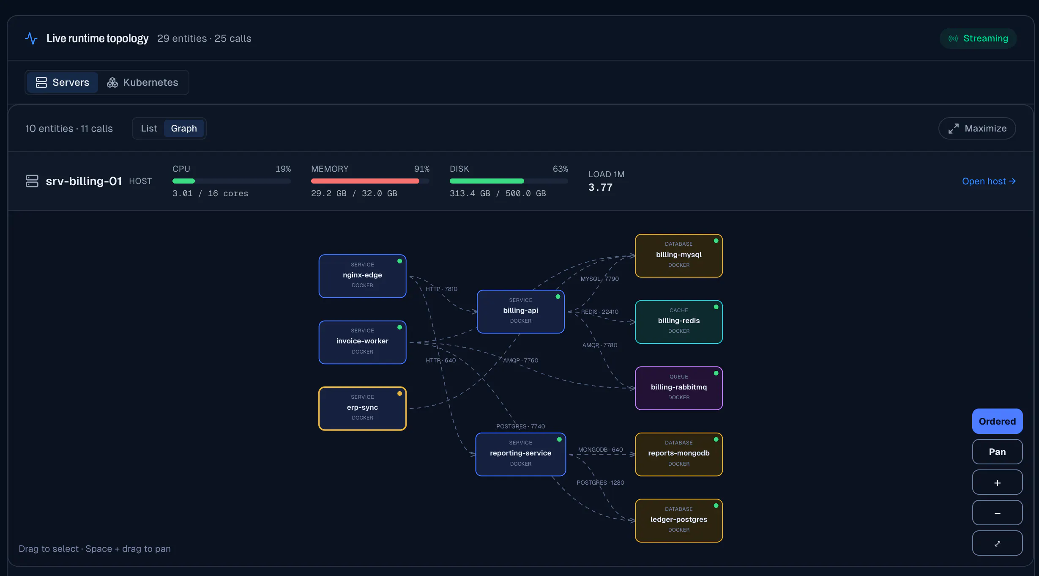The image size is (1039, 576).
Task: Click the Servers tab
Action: [63, 82]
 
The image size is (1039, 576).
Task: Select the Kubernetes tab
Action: [142, 82]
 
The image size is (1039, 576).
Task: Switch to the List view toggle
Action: [149, 128]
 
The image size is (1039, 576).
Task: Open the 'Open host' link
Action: [989, 181]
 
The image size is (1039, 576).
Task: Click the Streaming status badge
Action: [978, 38]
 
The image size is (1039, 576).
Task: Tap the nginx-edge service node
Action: [362, 276]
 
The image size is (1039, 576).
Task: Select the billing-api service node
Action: [520, 312]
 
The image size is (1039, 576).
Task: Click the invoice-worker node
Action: [362, 342]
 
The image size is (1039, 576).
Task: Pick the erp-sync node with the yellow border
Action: [362, 409]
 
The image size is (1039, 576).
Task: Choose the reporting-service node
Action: [520, 454]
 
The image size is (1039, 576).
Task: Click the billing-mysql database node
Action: [679, 256]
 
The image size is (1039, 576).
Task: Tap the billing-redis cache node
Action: [679, 322]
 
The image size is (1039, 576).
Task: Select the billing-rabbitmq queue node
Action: [679, 388]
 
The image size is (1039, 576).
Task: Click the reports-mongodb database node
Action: [679, 454]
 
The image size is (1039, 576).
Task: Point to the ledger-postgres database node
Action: [679, 521]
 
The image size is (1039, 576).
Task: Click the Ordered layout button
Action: [997, 421]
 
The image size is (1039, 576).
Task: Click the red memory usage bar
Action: [365, 181]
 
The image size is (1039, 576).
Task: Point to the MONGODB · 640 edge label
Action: [600, 450]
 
